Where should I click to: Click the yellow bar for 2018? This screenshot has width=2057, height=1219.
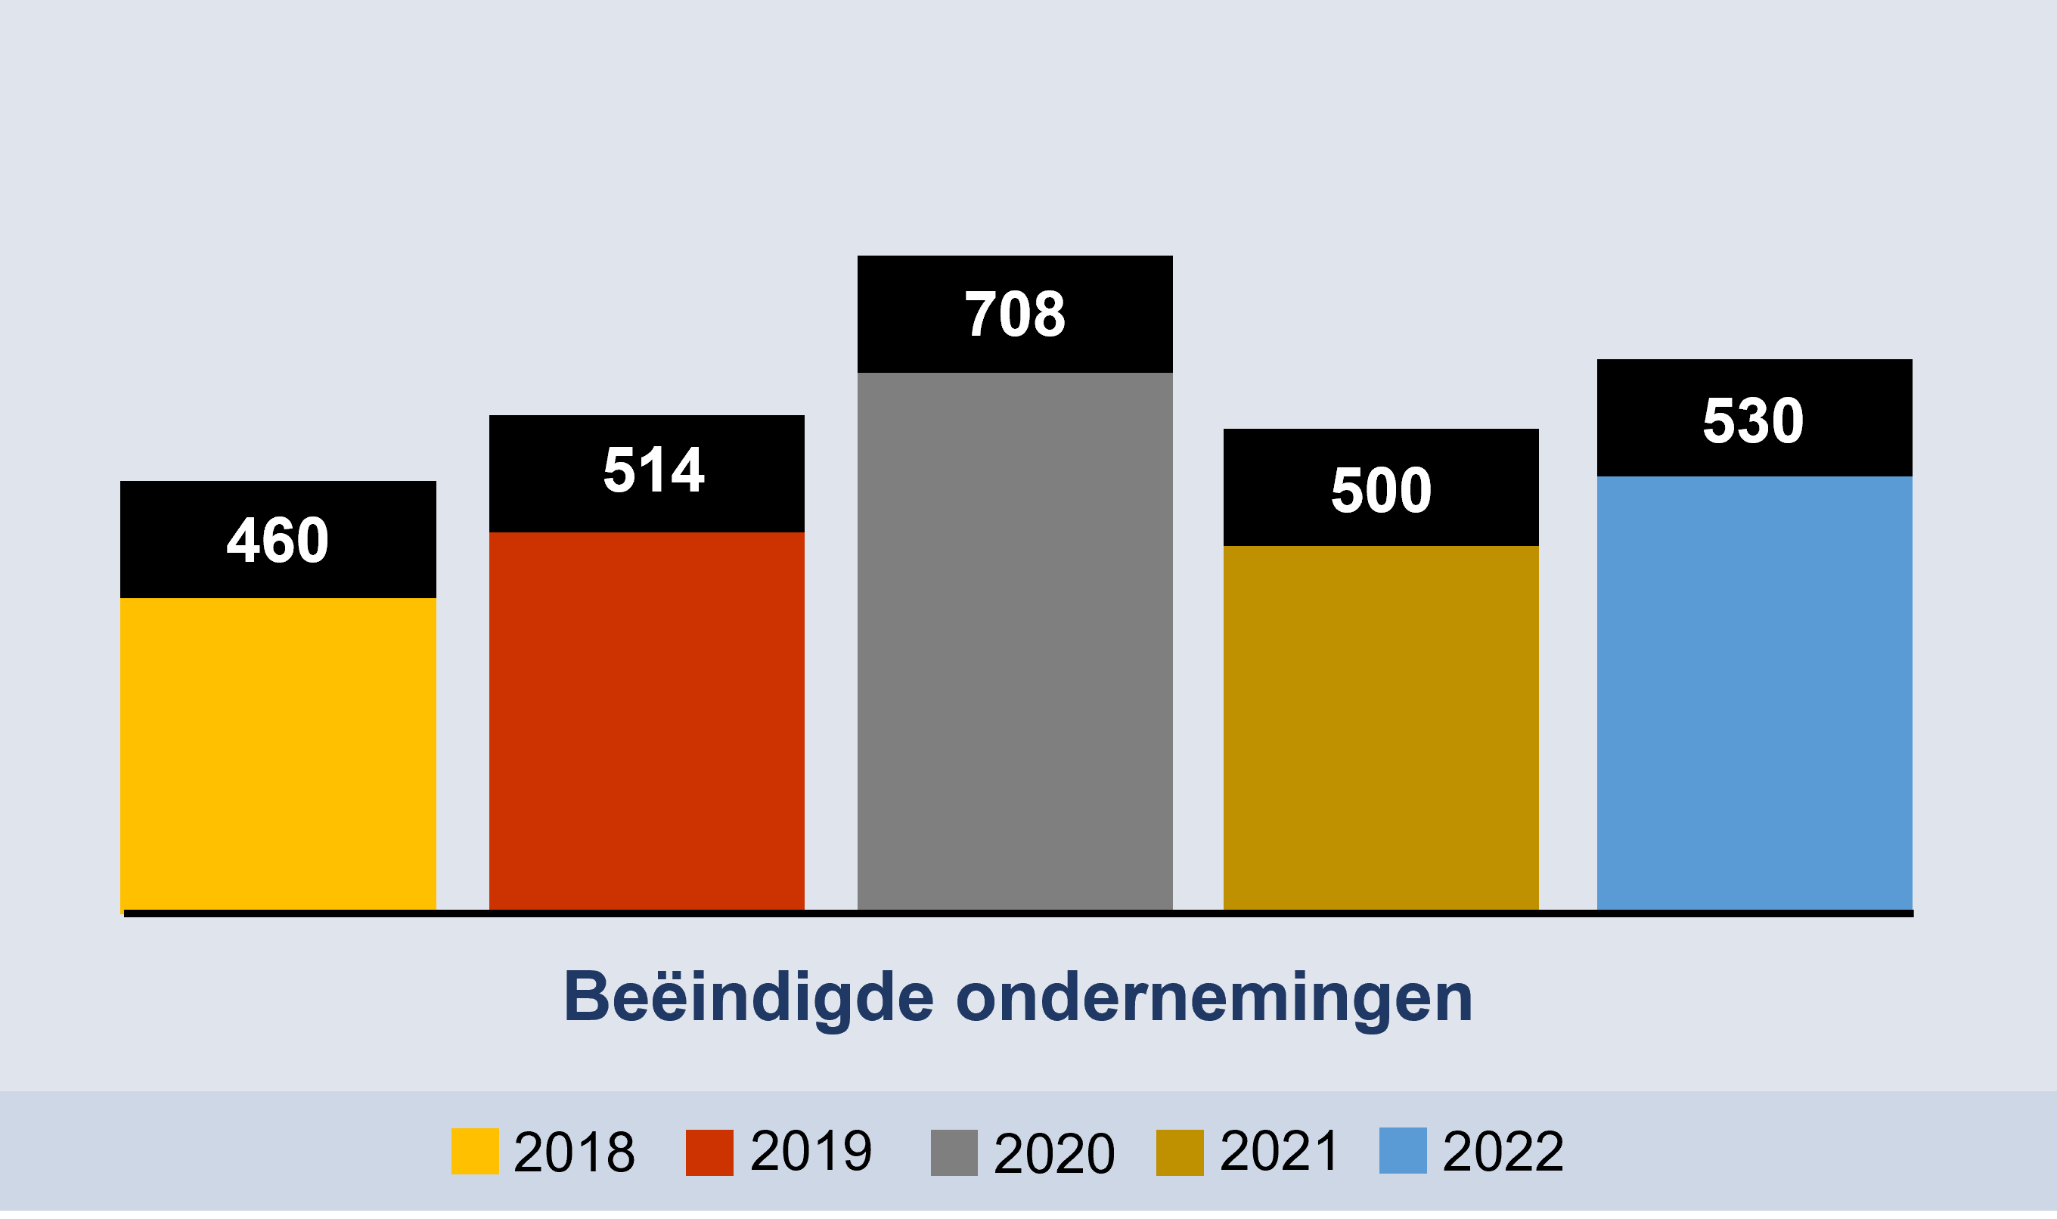click(278, 753)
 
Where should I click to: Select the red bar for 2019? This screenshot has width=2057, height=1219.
click(647, 721)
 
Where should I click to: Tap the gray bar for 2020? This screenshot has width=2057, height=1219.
click(1015, 641)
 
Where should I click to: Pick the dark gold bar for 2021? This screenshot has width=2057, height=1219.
click(1380, 727)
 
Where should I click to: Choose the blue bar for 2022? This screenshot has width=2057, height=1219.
click(1754, 693)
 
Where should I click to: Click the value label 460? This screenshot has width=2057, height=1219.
click(278, 541)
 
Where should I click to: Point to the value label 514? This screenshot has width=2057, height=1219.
click(653, 470)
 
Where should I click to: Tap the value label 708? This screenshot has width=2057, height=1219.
click(1015, 315)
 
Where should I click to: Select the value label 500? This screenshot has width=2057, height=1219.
click(1381, 490)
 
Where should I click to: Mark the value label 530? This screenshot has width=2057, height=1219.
click(1753, 421)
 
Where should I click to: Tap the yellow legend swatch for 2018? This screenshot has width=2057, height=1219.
click(475, 1151)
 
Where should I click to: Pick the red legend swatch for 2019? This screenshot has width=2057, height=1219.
click(709, 1152)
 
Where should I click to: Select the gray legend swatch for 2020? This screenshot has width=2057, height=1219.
click(954, 1152)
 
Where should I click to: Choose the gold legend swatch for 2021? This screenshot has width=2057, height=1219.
click(1180, 1152)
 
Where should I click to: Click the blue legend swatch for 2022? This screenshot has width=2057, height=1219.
click(1402, 1150)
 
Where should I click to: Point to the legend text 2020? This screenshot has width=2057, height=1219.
click(1054, 1153)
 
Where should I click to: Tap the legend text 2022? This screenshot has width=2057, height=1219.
click(1503, 1152)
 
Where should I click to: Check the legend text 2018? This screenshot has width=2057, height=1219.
click(573, 1152)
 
